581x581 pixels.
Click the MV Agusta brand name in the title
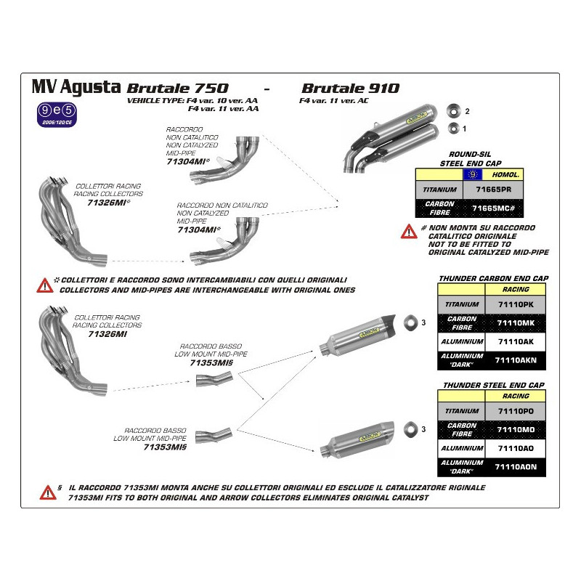click(76, 86)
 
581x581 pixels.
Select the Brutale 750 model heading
click(177, 87)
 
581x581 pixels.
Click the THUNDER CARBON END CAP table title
click(493, 278)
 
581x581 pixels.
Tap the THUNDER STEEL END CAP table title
click(493, 384)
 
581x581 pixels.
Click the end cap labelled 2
click(454, 110)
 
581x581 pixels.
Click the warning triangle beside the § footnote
click(47, 493)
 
